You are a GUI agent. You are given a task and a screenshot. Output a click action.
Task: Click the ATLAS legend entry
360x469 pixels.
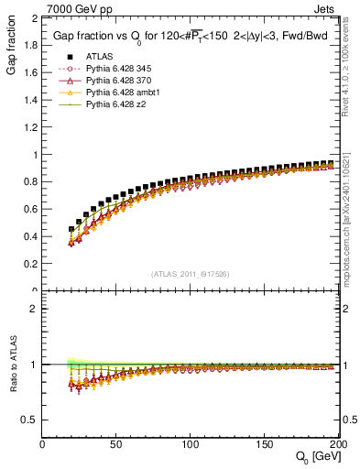coord(98,57)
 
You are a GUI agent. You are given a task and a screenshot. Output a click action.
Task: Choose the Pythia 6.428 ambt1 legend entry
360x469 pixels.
coord(125,93)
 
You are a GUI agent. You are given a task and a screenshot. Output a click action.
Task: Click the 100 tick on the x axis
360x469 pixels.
coord(191,444)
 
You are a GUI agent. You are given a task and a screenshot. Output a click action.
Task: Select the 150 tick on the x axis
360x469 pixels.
coord(264,444)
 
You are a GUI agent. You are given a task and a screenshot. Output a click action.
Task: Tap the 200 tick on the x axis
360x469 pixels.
coord(335,444)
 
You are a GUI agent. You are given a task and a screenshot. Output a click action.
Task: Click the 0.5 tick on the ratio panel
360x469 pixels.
coord(34,420)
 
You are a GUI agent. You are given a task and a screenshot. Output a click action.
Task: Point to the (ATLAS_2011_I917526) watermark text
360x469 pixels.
coord(191,273)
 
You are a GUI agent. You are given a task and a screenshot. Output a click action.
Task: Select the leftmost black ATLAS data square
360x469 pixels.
coord(71,229)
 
